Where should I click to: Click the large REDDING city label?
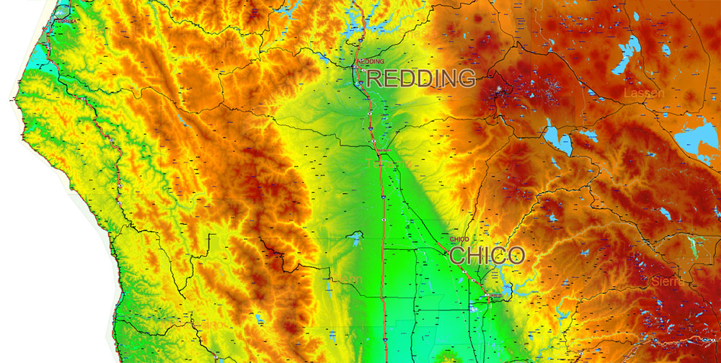click(421, 79)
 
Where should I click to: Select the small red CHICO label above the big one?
click(459, 239)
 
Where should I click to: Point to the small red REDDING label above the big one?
click(371, 62)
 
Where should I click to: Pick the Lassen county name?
click(644, 94)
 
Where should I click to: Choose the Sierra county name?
click(668, 282)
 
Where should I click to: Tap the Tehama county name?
click(382, 164)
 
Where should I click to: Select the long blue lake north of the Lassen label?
click(628, 53)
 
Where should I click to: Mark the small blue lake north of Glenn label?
click(354, 237)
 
